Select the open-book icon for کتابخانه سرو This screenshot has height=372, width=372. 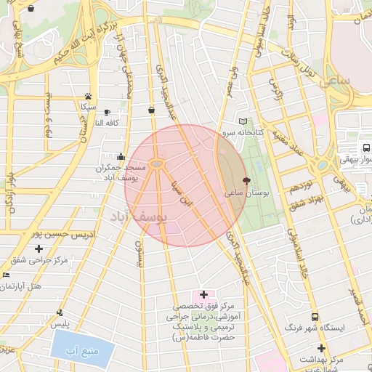(x=243, y=121)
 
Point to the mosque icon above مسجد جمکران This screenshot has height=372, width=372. (x=121, y=156)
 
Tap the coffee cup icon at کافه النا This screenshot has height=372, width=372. (x=107, y=113)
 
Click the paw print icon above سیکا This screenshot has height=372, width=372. (x=88, y=96)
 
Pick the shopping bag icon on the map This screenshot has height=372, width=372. (x=151, y=110)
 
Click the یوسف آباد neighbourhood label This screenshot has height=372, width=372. (x=139, y=216)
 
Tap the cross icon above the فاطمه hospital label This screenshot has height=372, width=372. (x=203, y=294)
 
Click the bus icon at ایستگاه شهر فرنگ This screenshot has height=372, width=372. (x=315, y=318)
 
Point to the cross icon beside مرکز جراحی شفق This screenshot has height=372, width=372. (x=39, y=249)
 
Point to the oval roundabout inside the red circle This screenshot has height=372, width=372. (x=156, y=163)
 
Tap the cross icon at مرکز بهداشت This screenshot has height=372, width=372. (x=320, y=348)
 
